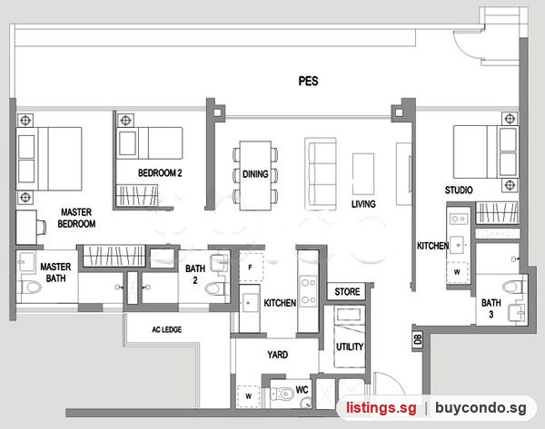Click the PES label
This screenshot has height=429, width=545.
coord(308,82)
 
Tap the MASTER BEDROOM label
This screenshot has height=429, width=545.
coord(76,218)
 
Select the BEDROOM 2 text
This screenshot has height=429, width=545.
coord(160,173)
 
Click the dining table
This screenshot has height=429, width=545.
coord(255,175)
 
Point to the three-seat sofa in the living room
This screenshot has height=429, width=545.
coord(321,173)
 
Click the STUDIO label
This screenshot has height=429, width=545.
coord(459,190)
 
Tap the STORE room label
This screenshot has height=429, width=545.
coord(347,292)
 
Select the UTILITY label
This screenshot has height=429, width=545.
coord(350,346)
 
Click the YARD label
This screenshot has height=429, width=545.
coord(278,355)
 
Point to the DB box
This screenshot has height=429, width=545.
coord(418,339)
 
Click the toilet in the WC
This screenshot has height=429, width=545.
coord(282,394)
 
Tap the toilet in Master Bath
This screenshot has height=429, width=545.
coord(29,287)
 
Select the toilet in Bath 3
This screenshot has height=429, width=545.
coord(514,287)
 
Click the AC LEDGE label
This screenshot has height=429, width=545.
coord(167,329)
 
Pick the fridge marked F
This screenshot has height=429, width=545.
coord(251,267)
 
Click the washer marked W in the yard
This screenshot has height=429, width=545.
coord(249,396)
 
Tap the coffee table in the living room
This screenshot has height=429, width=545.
coord(363,174)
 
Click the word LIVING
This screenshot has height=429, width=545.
coord(363,204)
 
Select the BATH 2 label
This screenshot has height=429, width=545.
coord(195,274)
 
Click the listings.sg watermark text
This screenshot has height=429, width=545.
coord(381,407)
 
